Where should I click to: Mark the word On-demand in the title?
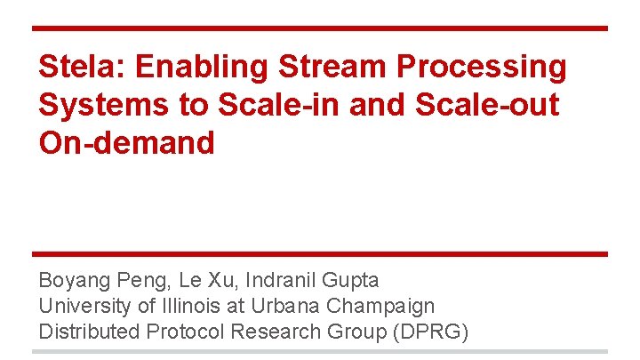126,142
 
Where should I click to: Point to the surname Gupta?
350,281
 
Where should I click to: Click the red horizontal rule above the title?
320,28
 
